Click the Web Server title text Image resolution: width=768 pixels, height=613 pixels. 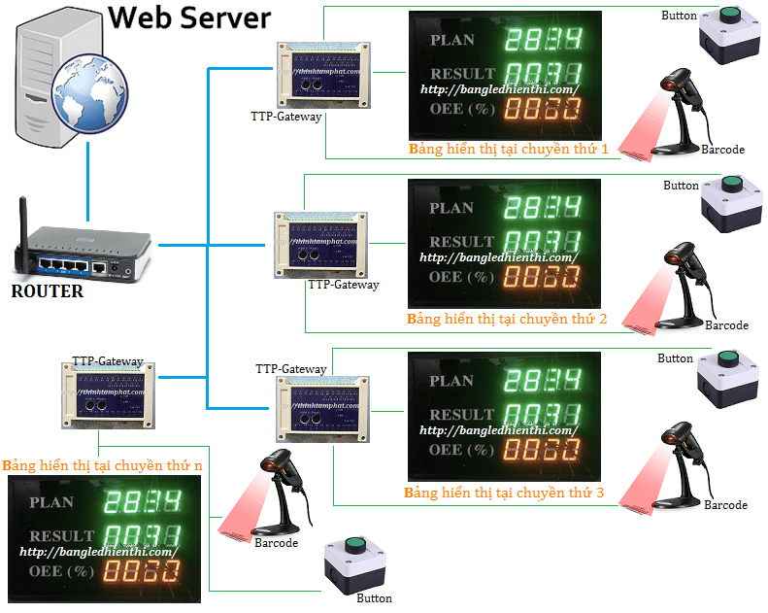[x=188, y=17]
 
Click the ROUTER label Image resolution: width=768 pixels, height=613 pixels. [x=47, y=290]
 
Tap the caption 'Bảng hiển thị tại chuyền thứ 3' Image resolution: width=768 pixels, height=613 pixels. [x=504, y=494]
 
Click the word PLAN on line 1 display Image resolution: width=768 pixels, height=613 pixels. [x=451, y=40]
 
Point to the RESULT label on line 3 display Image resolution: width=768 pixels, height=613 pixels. [x=462, y=414]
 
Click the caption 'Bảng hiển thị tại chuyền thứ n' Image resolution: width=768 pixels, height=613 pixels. [x=103, y=465]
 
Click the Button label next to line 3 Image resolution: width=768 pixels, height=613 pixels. [x=675, y=358]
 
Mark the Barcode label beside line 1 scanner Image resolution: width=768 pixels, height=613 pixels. [x=722, y=150]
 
